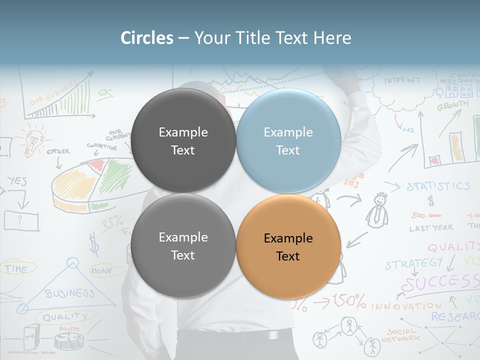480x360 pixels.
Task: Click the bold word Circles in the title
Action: click(147, 38)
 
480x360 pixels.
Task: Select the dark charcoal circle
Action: click(183, 140)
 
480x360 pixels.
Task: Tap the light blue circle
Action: click(288, 140)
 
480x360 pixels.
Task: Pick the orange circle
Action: click(288, 246)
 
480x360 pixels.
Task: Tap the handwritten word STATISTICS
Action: click(438, 186)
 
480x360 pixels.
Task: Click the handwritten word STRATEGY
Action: click(414, 263)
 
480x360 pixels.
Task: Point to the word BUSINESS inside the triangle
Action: click(69, 293)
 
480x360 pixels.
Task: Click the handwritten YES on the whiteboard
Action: click(17, 181)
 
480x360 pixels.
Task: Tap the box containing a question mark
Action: click(21, 220)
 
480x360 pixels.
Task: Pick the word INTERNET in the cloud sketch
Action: click(402, 80)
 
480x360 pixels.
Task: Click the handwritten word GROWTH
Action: click(453, 105)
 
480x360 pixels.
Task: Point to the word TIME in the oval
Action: click(16, 269)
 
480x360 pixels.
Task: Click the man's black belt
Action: click(235, 335)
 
